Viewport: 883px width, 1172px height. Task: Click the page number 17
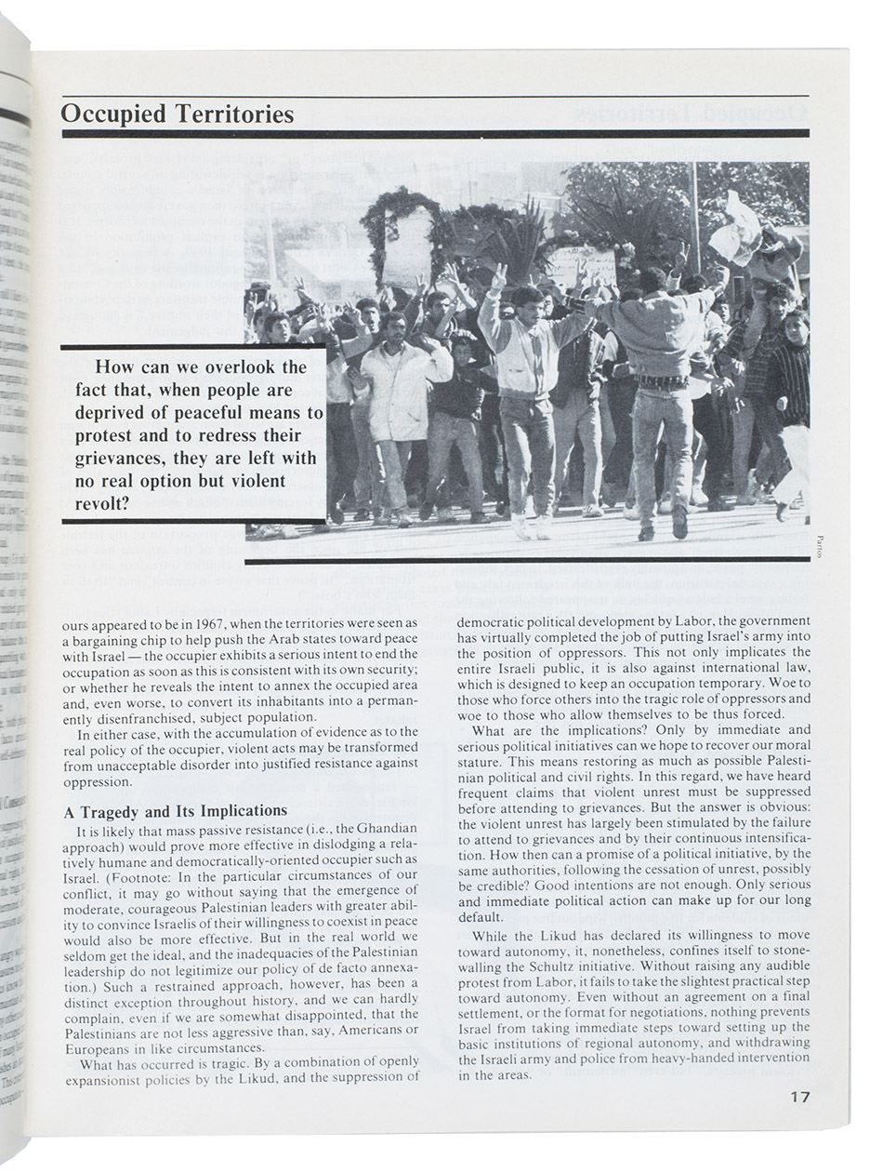click(x=799, y=1097)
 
